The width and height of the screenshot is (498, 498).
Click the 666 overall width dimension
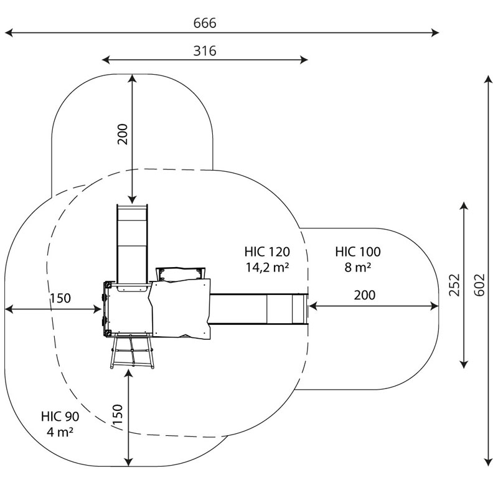205,23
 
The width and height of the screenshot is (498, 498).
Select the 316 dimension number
205,51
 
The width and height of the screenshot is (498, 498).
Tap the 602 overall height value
479,284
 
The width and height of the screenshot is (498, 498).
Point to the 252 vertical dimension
454,284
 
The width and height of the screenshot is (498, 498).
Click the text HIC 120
267,252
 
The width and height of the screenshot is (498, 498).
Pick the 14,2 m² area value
267,268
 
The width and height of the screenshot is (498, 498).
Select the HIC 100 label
357,252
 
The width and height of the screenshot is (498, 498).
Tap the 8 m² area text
357,268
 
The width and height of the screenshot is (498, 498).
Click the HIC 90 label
60,416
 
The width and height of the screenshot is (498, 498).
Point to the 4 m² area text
60,432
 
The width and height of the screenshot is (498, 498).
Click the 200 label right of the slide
365,295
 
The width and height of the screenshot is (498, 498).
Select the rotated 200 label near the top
122,134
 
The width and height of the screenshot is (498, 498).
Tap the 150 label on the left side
60,298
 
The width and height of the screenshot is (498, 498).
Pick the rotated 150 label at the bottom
118,413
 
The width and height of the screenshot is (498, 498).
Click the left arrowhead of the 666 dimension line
9,32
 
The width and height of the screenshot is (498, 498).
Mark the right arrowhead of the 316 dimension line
304,60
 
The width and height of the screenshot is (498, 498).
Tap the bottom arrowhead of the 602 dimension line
489,462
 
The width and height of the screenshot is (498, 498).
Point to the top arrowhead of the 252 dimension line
464,206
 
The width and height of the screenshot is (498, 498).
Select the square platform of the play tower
128,309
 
